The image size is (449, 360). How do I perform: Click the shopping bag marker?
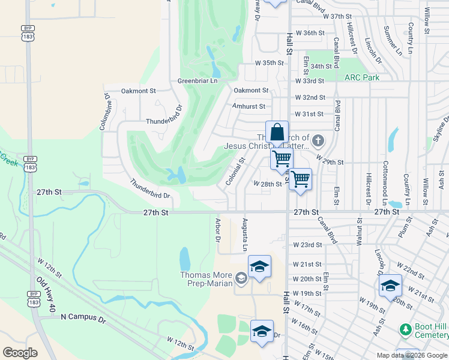[277, 132]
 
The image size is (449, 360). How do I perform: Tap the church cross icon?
[318, 142]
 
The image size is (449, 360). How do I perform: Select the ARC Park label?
[362, 77]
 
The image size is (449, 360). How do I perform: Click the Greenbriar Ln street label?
[197, 80]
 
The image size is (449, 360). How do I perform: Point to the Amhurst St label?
[249, 106]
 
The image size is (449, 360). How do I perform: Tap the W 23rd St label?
[307, 245]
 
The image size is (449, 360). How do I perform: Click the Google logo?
[20, 353]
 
